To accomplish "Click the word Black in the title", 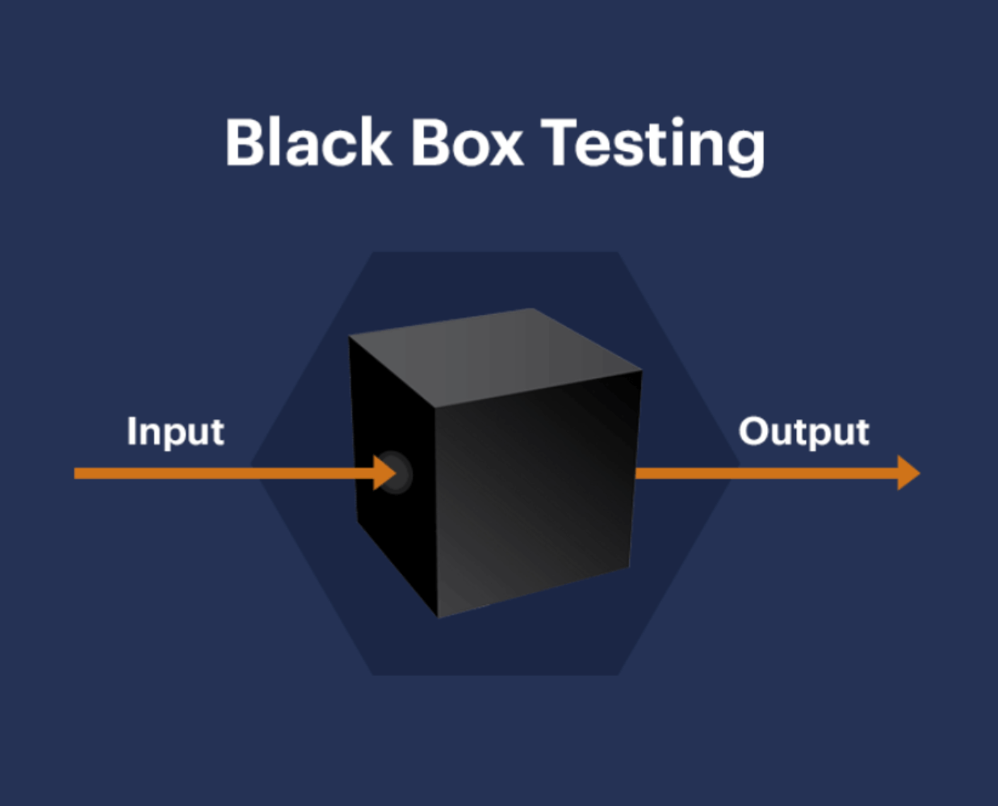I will point(308,143).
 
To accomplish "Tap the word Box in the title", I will point(467,143).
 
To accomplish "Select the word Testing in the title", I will point(652,145).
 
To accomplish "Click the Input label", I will point(175,432).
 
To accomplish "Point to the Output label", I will point(803,432).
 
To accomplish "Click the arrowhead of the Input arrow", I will point(386,473).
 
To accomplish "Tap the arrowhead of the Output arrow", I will point(908,472).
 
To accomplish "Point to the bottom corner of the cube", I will point(438,617).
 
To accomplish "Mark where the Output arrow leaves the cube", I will point(638,472).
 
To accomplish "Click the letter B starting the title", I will point(245,143).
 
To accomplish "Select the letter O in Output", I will point(756,431).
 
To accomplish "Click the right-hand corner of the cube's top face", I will point(641,371).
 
